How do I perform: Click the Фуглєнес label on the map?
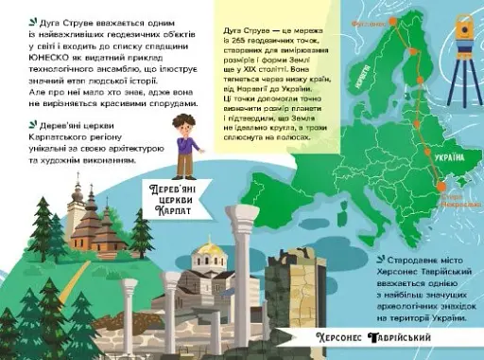(365, 17)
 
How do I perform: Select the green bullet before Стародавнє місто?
(378, 257)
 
